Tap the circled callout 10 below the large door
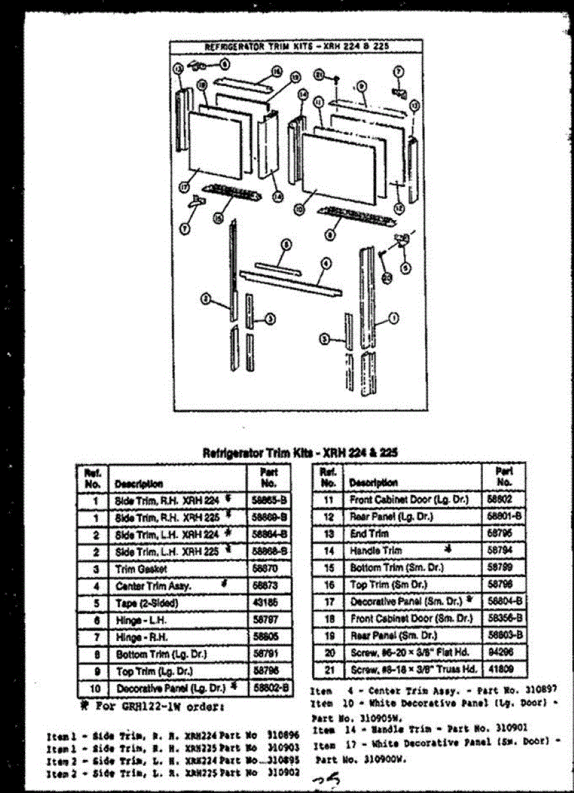(300, 208)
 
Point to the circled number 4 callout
(325, 263)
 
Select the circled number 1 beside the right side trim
(395, 319)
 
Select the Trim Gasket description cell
(141, 568)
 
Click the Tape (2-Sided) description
(147, 603)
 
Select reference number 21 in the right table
(329, 669)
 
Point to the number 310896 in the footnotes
(281, 734)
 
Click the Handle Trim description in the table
(375, 550)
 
